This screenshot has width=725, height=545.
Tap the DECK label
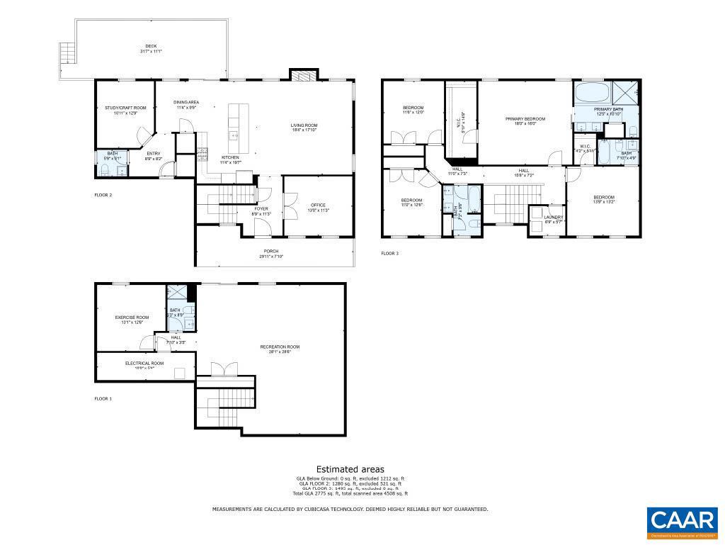[152, 47]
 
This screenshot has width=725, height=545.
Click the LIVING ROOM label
[304, 125]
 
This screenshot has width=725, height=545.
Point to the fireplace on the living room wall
[302, 75]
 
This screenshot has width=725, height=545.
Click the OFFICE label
[318, 205]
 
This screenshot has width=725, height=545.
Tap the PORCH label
[271, 252]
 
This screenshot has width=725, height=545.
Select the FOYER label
[261, 209]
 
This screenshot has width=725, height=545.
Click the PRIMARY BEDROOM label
[525, 119]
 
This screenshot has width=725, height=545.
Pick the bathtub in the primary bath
[590, 93]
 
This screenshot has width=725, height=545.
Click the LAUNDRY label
[554, 217]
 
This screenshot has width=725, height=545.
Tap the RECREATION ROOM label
[280, 347]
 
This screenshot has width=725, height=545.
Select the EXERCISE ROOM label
[132, 317]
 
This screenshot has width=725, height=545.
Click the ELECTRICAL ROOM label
[144, 363]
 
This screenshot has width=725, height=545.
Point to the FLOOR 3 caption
[390, 253]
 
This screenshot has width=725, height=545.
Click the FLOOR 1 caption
[103, 398]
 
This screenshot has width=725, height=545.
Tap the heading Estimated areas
[350, 468]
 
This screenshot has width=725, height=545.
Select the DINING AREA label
[185, 102]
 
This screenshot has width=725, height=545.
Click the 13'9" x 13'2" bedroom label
[604, 197]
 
